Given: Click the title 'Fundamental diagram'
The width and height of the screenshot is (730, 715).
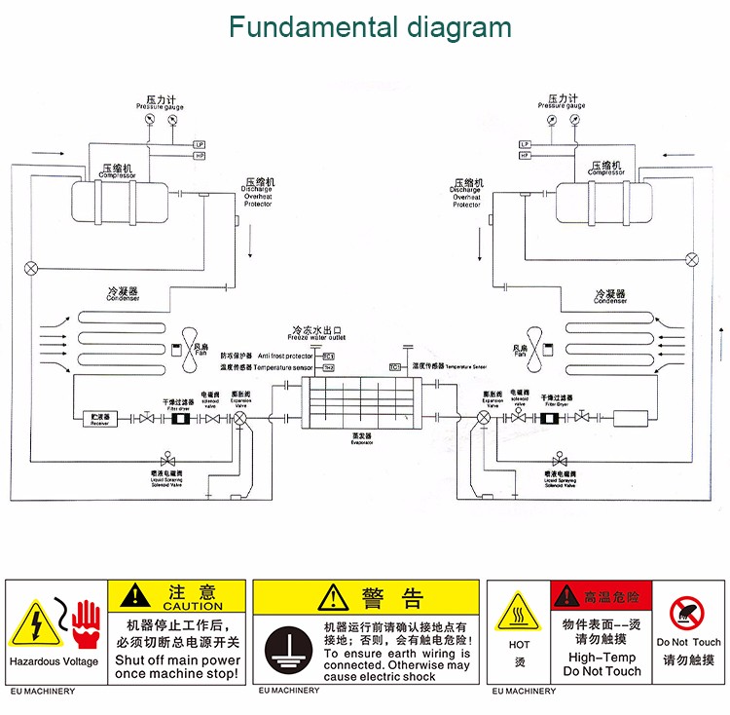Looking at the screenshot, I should [x=370, y=26].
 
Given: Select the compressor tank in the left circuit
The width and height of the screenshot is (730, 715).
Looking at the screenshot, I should [x=122, y=199].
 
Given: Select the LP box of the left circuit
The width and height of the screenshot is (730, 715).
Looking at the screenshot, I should [x=200, y=144].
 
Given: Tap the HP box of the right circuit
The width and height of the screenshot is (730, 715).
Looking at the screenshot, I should [x=525, y=155].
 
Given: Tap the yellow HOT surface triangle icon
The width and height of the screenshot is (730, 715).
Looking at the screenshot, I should [x=519, y=615].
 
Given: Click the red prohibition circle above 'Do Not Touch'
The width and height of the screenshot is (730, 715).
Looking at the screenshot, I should [x=688, y=613].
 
